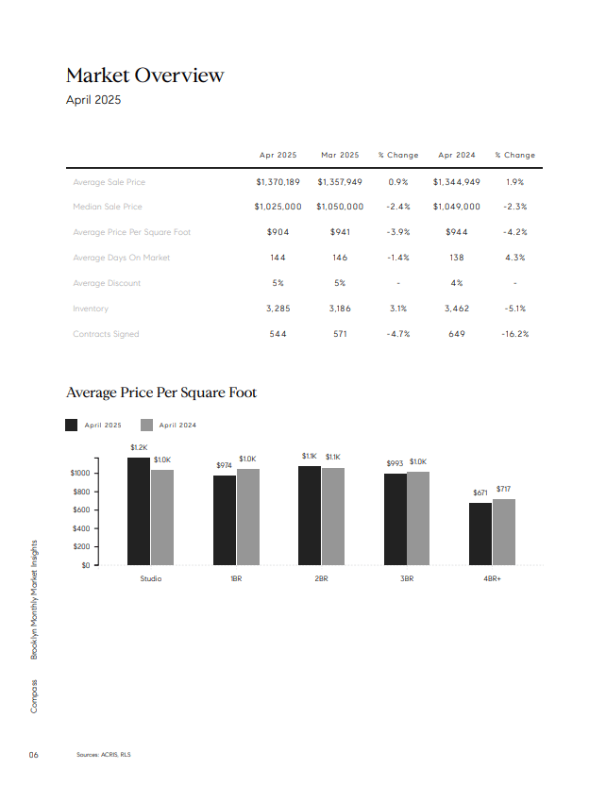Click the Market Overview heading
144,75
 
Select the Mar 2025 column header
340,155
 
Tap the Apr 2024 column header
457,155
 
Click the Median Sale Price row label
108,207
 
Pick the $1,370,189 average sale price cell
278,182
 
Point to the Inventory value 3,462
457,309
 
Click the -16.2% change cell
514,334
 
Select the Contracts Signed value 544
278,334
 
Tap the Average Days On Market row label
121,258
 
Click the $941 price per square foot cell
340,232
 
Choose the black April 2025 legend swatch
72,425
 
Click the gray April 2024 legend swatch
146,425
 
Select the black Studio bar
139,511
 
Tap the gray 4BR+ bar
504,532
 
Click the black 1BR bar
225,520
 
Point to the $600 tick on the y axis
81,509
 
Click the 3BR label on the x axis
407,578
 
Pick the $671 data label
480,493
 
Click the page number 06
34,755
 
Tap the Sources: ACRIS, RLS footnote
104,755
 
